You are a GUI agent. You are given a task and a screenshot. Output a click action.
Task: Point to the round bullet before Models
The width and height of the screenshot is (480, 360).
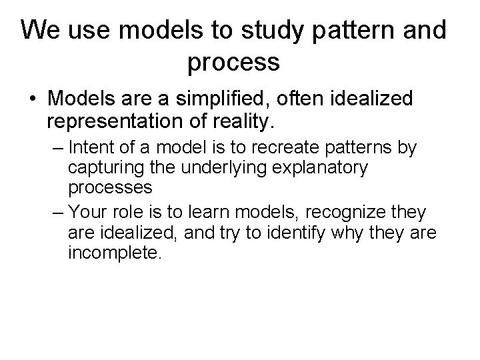[33, 100]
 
